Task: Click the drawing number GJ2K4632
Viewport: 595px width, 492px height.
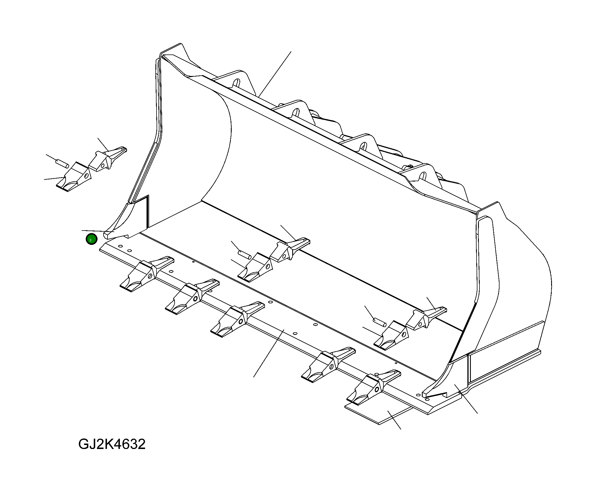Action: tap(112, 444)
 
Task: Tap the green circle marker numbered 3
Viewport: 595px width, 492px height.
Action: tap(91, 239)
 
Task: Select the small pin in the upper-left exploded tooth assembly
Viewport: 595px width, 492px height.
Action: tap(62, 163)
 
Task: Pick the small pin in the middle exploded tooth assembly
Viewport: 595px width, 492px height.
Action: tap(245, 254)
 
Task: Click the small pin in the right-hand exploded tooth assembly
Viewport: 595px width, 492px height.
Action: tap(380, 322)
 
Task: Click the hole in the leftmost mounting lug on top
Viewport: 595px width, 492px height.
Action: tap(236, 83)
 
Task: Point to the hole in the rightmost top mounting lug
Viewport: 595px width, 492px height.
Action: tap(422, 175)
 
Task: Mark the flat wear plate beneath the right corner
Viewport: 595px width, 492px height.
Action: tap(379, 413)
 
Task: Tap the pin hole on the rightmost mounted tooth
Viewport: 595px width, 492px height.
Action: tap(377, 389)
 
